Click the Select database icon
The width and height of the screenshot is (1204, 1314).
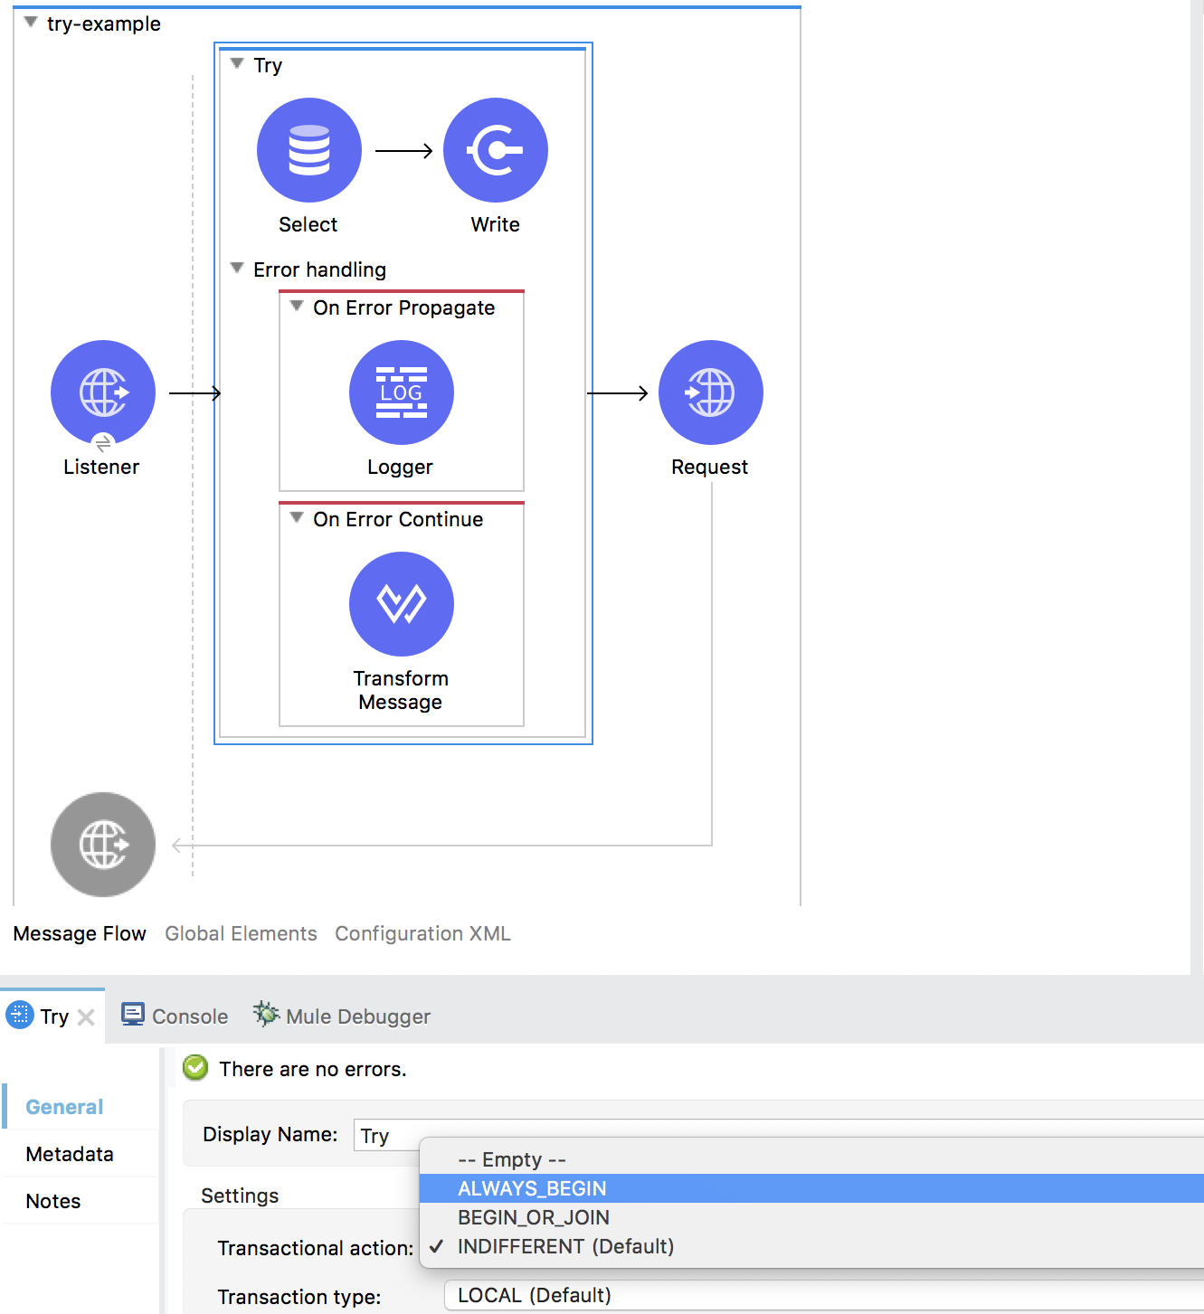[308, 150]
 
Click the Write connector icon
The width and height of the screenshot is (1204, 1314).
[495, 150]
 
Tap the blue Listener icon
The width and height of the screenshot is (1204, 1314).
[102, 392]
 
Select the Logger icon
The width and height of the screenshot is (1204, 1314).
[401, 392]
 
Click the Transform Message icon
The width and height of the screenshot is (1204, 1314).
[401, 604]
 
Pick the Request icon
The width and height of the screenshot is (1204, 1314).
[710, 392]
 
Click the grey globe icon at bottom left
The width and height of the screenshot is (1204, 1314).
[102, 845]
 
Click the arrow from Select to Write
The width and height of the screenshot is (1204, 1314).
[403, 151]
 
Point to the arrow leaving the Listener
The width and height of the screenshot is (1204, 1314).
[194, 393]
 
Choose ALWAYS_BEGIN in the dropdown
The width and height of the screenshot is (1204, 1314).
[532, 1188]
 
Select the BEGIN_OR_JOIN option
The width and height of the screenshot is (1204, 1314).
[533, 1217]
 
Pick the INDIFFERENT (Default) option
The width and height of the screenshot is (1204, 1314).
[565, 1246]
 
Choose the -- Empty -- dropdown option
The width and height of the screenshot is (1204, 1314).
[511, 1159]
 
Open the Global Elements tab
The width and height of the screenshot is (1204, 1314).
[241, 933]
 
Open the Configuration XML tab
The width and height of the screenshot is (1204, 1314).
[422, 933]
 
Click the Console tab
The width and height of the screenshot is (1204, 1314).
[175, 1016]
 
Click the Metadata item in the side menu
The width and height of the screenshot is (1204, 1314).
[70, 1154]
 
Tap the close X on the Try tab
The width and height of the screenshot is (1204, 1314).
[86, 1017]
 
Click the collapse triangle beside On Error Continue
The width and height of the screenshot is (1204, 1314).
[296, 518]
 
